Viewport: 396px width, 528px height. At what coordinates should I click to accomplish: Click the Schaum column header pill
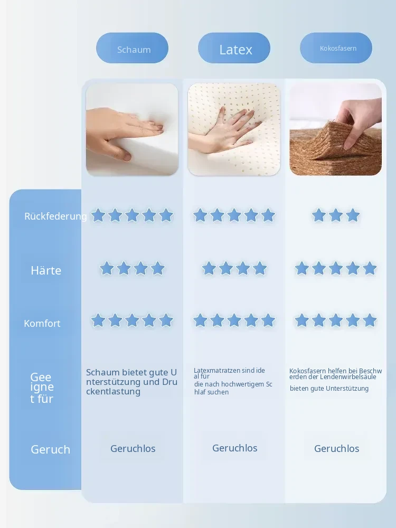(x=132, y=48)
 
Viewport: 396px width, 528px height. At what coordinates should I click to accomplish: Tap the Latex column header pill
(x=234, y=48)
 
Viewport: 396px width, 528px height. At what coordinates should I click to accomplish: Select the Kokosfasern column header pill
(x=336, y=48)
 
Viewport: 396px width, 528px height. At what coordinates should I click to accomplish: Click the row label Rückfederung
(x=55, y=216)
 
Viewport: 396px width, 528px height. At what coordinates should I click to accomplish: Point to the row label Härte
(x=46, y=270)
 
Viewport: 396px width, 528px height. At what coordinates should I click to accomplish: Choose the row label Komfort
(x=42, y=324)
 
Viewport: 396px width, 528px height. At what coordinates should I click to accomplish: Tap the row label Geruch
(x=51, y=449)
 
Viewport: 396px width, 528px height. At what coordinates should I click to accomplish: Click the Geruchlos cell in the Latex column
(x=235, y=448)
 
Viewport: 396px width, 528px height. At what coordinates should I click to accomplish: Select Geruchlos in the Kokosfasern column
(x=337, y=448)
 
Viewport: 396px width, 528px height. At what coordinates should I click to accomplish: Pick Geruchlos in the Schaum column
(x=133, y=448)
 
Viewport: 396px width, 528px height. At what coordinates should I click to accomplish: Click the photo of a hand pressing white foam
(x=132, y=130)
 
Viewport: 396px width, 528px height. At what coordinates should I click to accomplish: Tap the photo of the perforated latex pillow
(x=234, y=130)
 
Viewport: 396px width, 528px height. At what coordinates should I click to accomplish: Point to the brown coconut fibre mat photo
(x=336, y=130)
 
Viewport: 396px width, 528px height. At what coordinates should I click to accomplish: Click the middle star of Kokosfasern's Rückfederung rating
(x=336, y=215)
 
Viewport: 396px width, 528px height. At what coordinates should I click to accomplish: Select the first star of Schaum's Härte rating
(x=107, y=269)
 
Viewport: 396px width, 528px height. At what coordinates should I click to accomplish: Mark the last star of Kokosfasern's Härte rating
(x=370, y=269)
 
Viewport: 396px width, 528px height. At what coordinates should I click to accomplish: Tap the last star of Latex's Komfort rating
(x=268, y=320)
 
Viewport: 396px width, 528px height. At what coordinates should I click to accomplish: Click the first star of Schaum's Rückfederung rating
(x=98, y=215)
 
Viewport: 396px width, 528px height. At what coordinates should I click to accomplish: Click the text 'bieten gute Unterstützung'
(x=329, y=389)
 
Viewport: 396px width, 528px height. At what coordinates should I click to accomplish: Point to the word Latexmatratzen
(x=217, y=371)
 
